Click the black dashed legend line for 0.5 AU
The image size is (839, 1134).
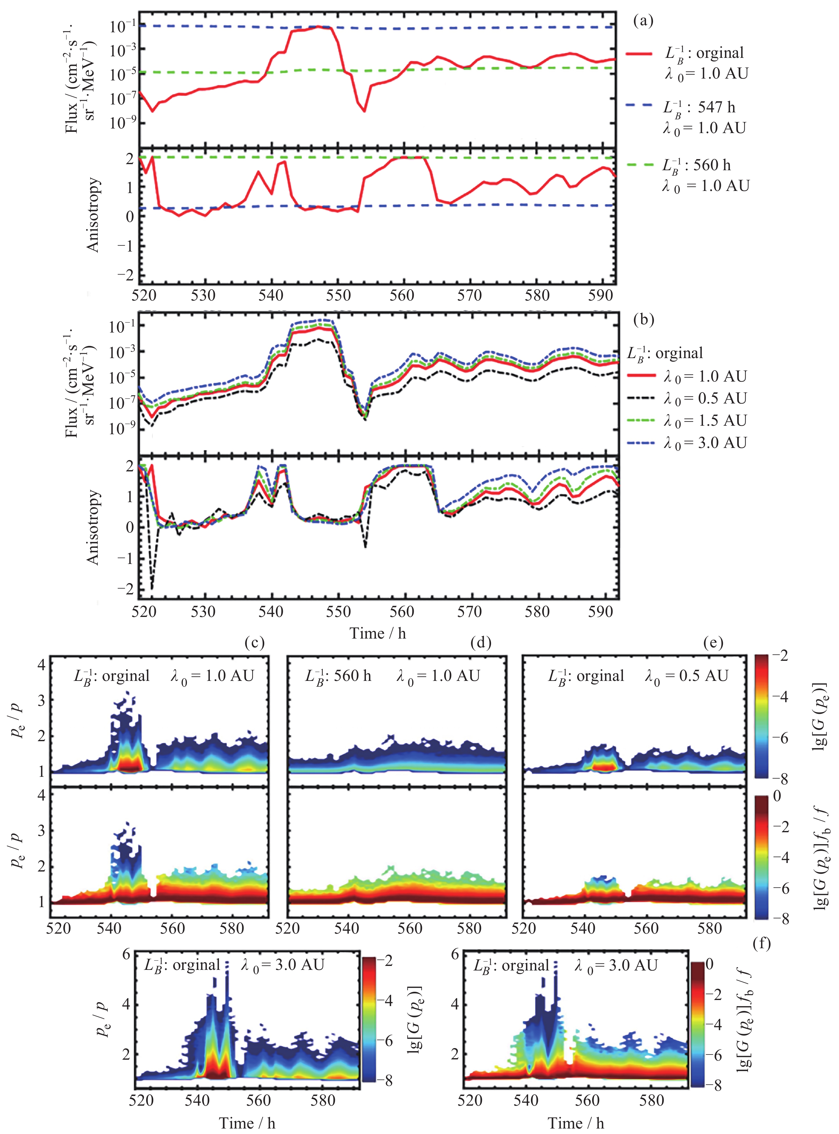click(641, 398)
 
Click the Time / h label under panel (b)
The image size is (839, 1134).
click(377, 633)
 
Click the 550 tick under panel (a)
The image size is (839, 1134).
click(338, 295)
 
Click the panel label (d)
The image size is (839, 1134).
click(481, 643)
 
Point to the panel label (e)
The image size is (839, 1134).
click(713, 643)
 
